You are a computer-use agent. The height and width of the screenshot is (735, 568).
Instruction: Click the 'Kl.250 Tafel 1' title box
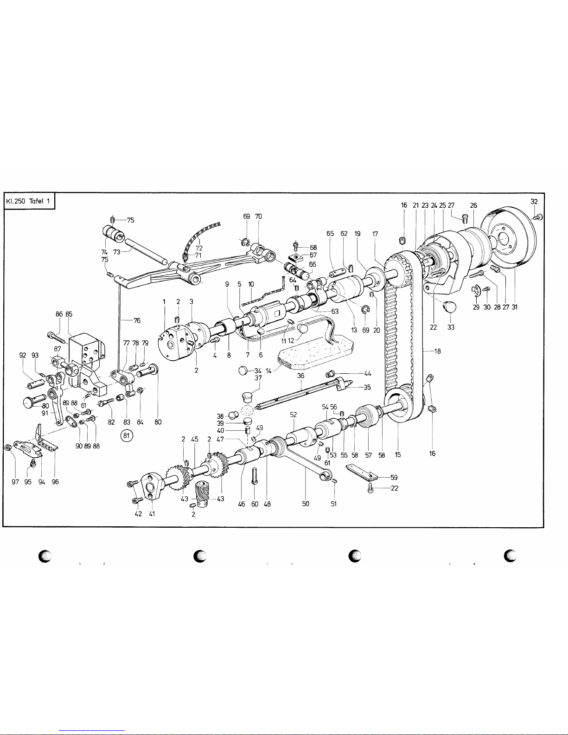coord(29,201)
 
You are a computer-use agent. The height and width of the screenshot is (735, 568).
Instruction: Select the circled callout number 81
coord(127,435)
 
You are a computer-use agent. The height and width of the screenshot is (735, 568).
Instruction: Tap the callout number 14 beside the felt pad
coord(268,371)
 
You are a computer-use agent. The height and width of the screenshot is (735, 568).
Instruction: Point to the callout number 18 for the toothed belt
coord(438,351)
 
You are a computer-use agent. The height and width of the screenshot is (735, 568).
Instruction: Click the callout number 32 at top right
coord(534,201)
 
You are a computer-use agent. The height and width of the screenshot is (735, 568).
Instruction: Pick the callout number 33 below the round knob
coord(451,327)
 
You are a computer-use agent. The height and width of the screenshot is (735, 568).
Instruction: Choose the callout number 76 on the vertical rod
coord(137,320)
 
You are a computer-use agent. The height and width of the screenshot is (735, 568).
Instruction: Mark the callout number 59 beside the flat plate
coord(394,477)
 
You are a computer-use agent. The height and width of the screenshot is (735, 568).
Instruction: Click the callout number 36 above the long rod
coord(300,376)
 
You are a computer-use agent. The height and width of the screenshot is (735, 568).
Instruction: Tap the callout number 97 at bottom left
coord(15,482)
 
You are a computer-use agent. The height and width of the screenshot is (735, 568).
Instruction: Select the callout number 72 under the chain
coord(199,248)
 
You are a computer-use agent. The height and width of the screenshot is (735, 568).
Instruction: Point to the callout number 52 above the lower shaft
coord(293,415)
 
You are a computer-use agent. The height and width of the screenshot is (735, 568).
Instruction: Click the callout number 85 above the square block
coord(69,314)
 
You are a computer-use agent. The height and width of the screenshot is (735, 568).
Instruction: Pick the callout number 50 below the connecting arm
coord(305,504)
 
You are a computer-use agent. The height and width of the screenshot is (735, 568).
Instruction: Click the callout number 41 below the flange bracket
coord(152,513)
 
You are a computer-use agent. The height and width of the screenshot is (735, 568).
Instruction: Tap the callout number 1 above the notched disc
coord(164,301)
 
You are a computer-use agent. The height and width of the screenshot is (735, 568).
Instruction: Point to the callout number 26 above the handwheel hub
coord(473,205)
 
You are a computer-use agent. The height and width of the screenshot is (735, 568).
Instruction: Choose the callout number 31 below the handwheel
coord(514,307)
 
